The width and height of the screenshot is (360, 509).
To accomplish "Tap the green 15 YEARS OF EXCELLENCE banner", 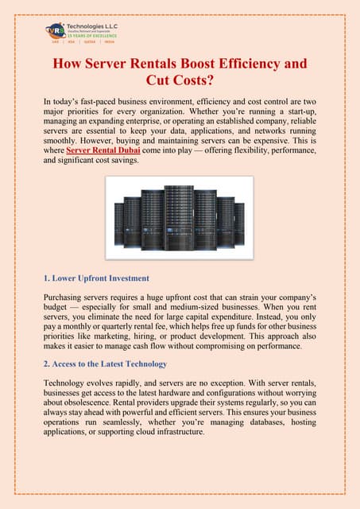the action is pos(91,36).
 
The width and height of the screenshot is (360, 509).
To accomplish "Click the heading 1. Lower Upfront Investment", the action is pos(96,278).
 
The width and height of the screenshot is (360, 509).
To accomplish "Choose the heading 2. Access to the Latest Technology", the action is pos(105,364).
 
